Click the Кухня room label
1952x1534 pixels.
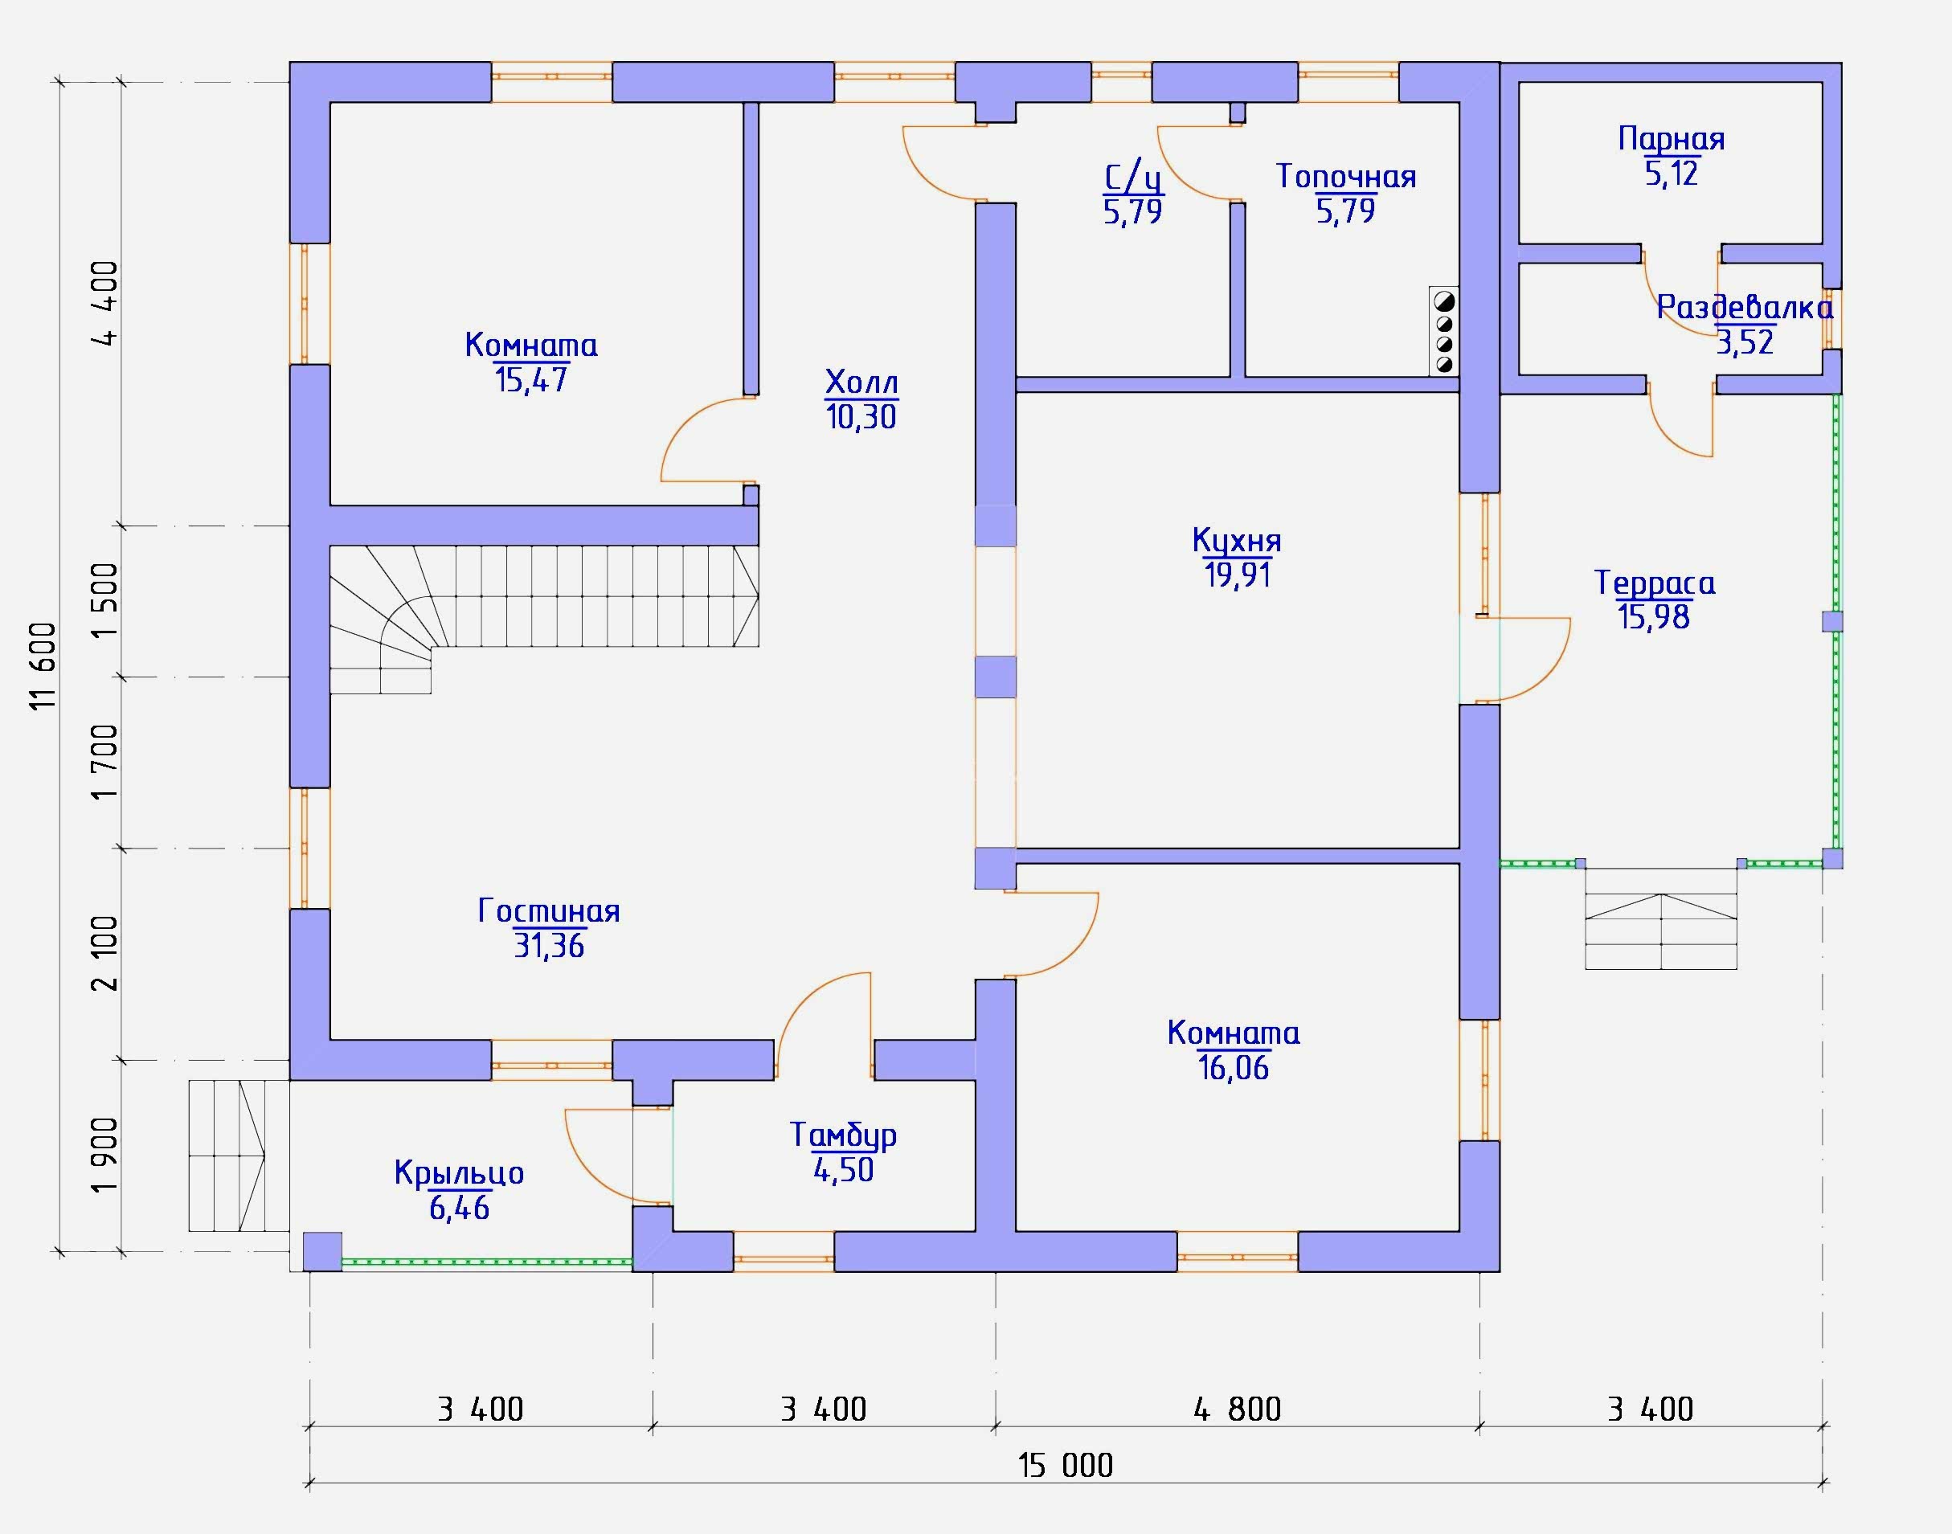[1236, 540]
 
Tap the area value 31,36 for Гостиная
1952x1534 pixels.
[549, 946]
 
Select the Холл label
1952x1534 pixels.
[861, 383]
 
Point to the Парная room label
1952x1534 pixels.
[1671, 139]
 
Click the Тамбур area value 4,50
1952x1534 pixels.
[844, 1170]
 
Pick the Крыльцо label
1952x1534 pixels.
[459, 1174]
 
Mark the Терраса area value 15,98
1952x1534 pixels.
[1654, 617]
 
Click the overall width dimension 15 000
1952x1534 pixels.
[1066, 1466]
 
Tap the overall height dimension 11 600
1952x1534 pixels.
[43, 665]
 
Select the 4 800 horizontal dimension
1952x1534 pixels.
[1237, 1409]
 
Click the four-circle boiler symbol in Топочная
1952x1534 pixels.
[1444, 330]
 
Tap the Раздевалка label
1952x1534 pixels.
[1745, 307]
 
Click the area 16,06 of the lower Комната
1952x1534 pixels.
[1234, 1068]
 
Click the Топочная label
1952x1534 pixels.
[1345, 177]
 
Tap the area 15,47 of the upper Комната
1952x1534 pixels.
[531, 380]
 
